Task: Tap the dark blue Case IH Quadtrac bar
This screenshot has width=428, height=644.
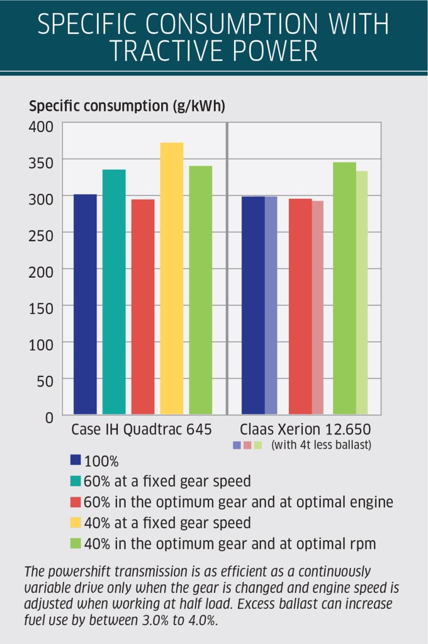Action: pos(85,305)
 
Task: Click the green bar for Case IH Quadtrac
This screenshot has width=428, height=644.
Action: pos(200,290)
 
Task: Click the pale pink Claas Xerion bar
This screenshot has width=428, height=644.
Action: pos(317,308)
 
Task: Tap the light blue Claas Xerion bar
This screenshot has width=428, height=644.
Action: pos(271,306)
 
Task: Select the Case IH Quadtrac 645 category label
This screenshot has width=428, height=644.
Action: pos(141,431)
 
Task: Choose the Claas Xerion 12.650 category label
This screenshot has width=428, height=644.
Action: pos(303,431)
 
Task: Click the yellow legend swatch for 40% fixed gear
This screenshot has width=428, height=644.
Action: pos(76,523)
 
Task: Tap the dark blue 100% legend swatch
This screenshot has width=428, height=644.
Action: pos(76,460)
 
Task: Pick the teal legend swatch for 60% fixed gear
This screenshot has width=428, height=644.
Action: pos(76,481)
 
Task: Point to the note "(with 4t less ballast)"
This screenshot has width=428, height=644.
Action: pos(321,445)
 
